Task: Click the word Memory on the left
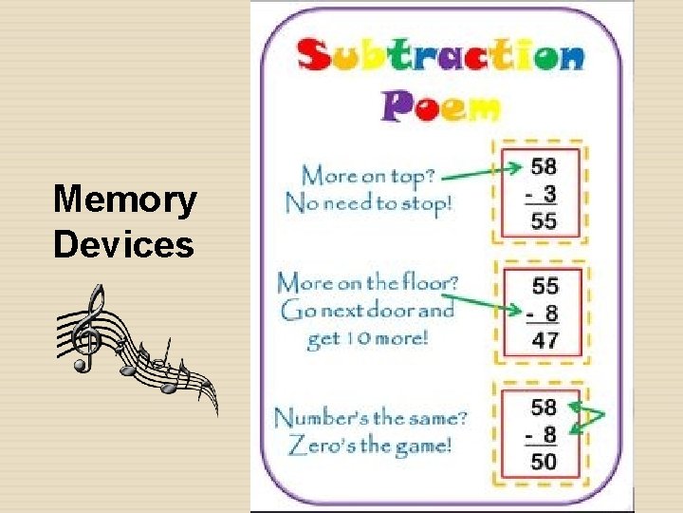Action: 125,201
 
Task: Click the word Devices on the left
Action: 123,244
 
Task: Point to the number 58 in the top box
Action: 544,167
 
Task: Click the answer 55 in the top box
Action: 544,222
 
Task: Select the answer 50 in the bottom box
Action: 544,463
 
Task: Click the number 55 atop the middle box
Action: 545,285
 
